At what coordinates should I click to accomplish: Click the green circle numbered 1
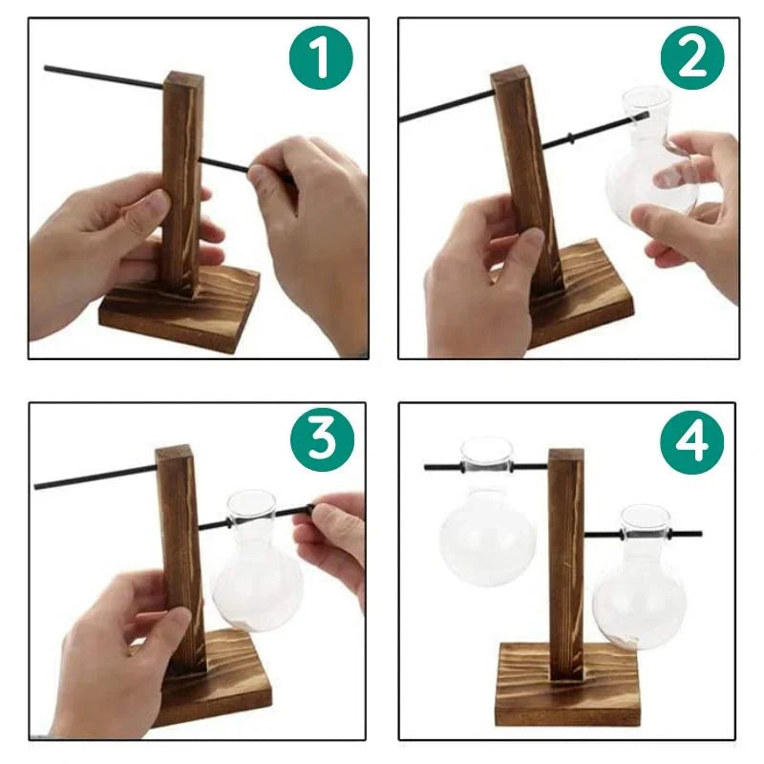click(x=321, y=58)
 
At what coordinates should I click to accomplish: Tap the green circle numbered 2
click(x=692, y=58)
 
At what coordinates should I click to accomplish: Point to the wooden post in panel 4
click(x=565, y=563)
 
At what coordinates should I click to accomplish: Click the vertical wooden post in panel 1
click(x=180, y=181)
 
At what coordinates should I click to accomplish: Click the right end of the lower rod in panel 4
click(x=699, y=534)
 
